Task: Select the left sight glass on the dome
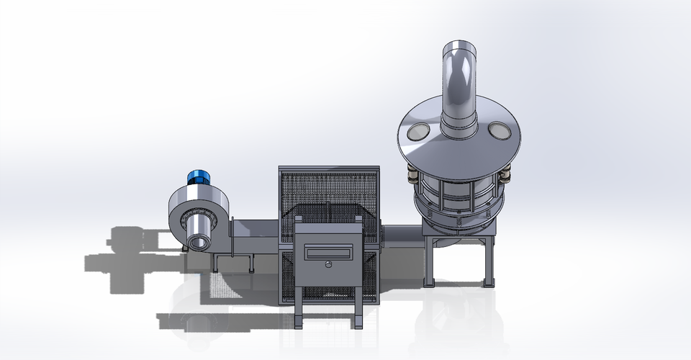[419, 132]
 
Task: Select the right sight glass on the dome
[498, 131]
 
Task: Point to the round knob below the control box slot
[328, 265]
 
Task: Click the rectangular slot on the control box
[328, 253]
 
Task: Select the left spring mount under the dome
[412, 174]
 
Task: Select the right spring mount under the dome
[505, 174]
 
